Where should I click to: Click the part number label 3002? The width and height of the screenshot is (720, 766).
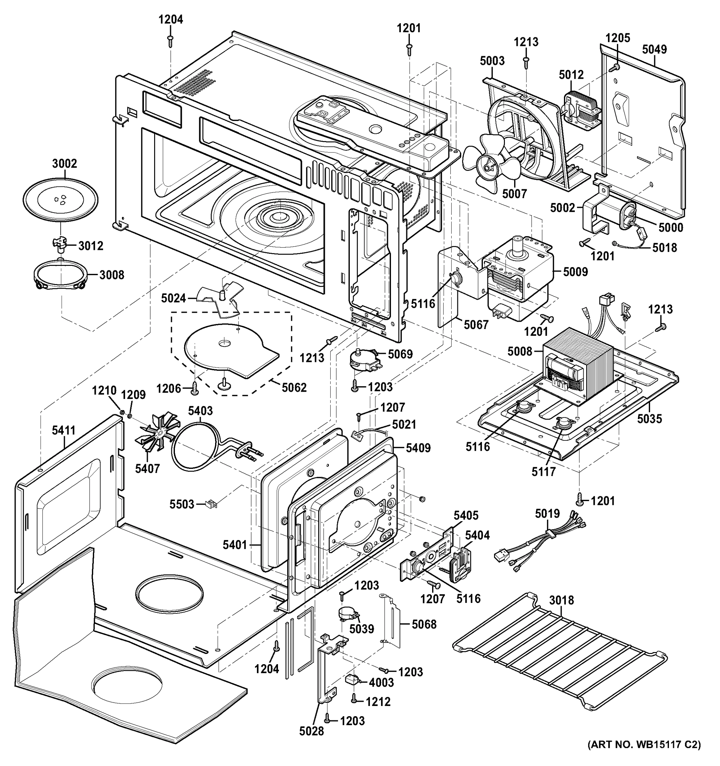pyautogui.click(x=64, y=163)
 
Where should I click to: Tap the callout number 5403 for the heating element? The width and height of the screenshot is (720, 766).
pyautogui.click(x=200, y=410)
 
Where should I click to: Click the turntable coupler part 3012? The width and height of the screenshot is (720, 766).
pyautogui.click(x=60, y=244)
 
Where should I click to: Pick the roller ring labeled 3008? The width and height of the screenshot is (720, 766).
pyautogui.click(x=61, y=275)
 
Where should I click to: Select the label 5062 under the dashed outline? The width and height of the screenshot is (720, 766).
pyautogui.click(x=294, y=387)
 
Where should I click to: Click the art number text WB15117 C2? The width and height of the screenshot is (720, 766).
pyautogui.click(x=644, y=755)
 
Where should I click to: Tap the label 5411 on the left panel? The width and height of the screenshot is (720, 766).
pyautogui.click(x=64, y=430)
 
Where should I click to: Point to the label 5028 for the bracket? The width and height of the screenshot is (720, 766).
pyautogui.click(x=312, y=731)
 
